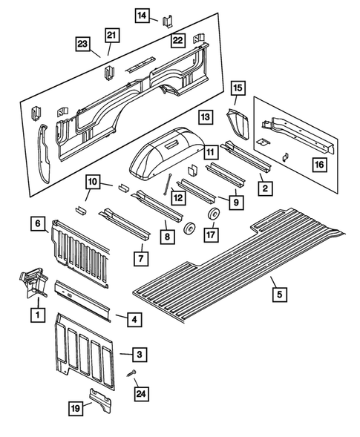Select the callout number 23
(83, 45)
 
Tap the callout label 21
(111, 35)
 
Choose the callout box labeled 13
(206, 116)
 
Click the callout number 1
(35, 314)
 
